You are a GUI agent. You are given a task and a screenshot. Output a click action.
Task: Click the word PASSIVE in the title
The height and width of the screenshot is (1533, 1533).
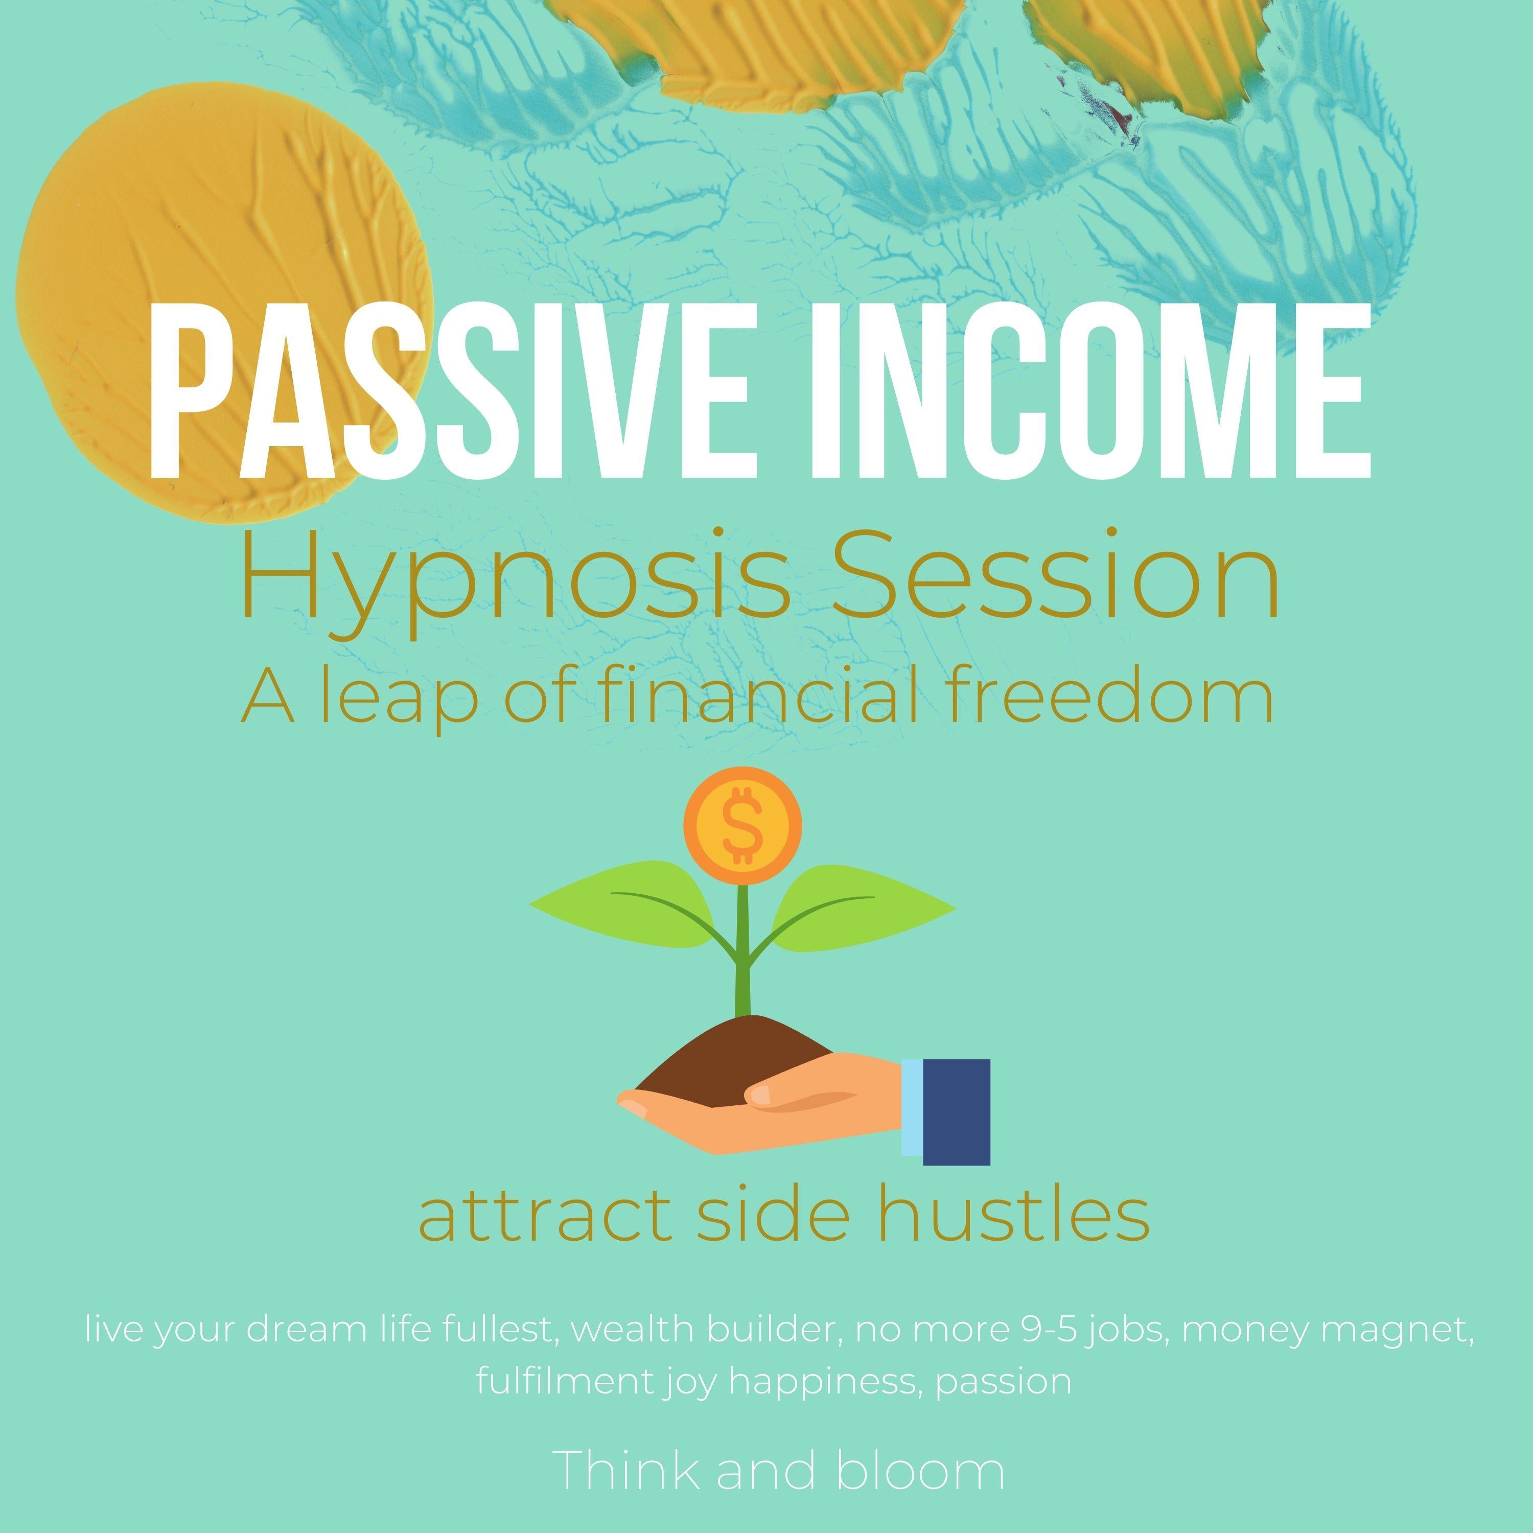coord(432,388)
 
